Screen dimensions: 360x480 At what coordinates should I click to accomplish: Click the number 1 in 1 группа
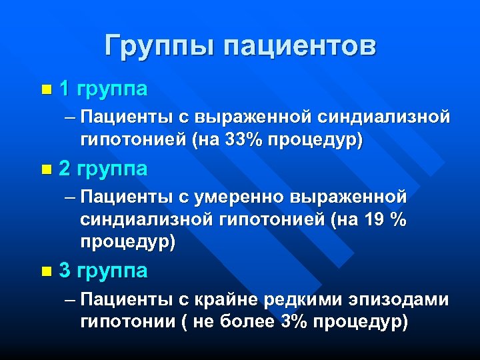pos(65,88)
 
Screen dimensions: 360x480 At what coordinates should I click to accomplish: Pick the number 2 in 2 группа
pos(65,169)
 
